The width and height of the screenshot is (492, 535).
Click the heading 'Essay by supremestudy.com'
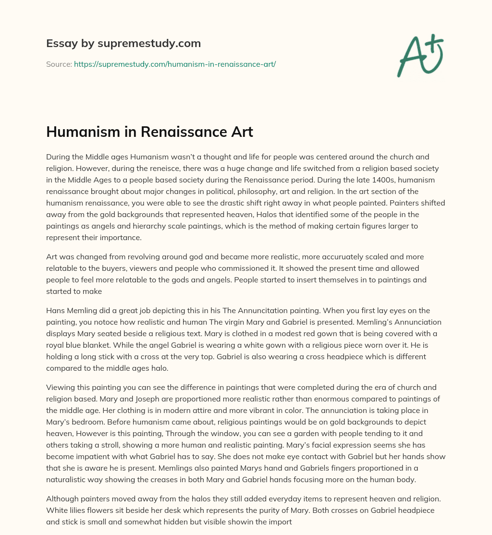[x=123, y=44]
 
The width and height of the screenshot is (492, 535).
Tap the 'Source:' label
[x=59, y=64]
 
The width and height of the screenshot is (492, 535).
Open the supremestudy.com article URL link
[x=175, y=64]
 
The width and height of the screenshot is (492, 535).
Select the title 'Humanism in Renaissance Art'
[x=149, y=133]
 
